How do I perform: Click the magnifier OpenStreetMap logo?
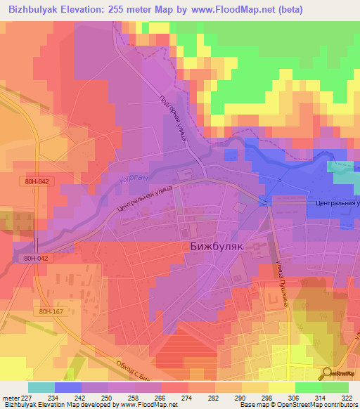[328, 374]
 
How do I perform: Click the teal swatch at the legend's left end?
[41, 387]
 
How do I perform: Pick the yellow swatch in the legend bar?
[282, 387]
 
